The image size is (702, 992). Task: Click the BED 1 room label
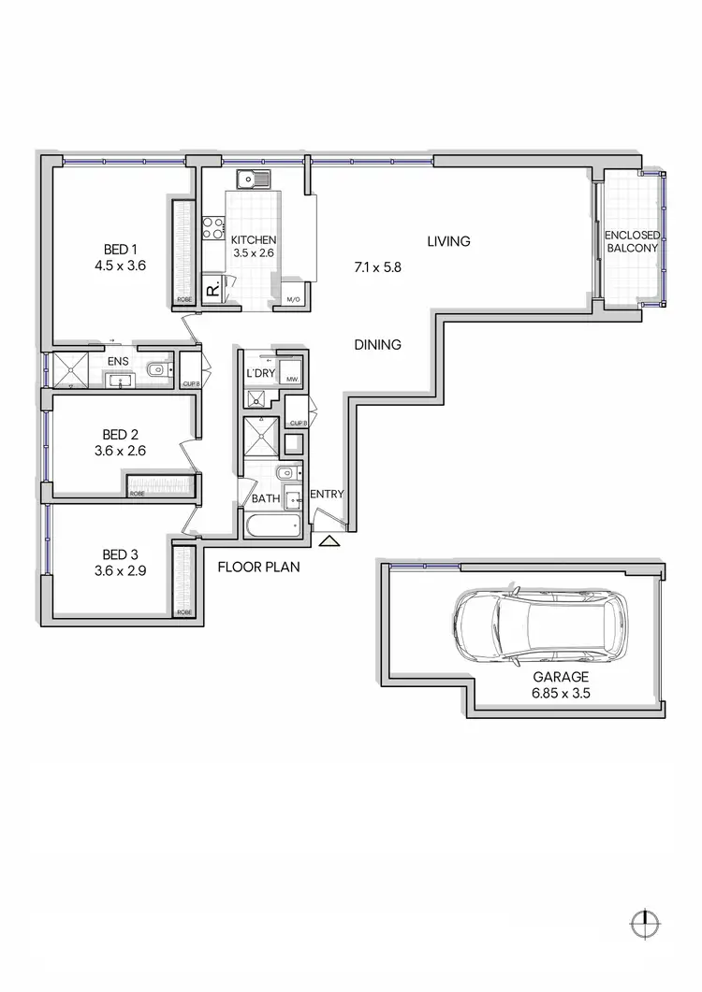coord(121,249)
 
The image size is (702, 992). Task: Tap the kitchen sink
coord(252,178)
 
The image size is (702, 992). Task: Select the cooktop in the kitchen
coord(213,227)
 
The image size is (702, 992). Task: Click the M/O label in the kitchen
coord(292,300)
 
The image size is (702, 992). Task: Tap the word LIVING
coord(448,241)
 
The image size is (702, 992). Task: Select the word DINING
coord(377,344)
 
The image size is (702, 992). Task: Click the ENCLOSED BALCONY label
coord(632,241)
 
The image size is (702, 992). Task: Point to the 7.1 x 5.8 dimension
coord(377,267)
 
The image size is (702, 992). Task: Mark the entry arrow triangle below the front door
coord(328,540)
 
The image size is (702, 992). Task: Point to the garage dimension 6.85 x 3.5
coord(562,694)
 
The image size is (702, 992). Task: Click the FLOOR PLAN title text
coord(258,567)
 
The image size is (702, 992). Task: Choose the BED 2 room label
coord(121,434)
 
